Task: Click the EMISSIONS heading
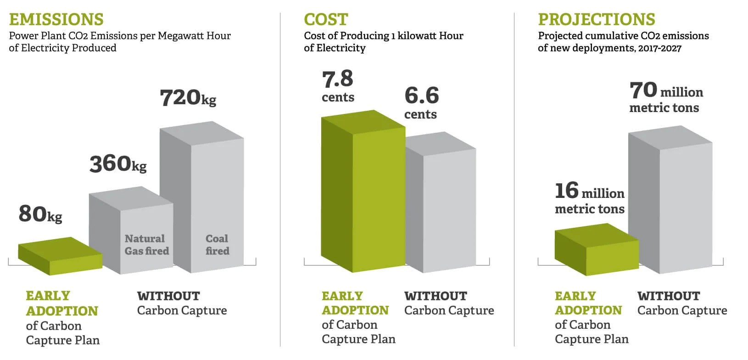point(56,19)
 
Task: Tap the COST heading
point(326,19)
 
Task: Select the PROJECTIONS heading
point(596,19)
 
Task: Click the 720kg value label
point(188,98)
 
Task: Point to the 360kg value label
point(118,164)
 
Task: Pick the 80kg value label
point(40,214)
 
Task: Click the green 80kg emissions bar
point(60,256)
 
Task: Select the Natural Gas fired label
point(146,245)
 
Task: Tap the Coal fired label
point(217,245)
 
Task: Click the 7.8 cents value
point(338,86)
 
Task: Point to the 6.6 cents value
point(421,102)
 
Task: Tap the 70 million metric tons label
point(665,97)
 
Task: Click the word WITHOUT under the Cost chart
point(435,296)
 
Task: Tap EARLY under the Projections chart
point(575,296)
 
